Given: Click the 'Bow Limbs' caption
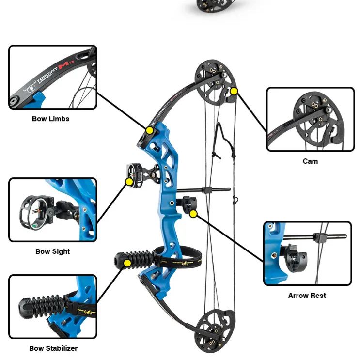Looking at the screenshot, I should tap(51, 119).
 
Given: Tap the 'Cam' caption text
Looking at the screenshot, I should tap(310, 161).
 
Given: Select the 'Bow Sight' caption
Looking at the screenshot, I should tap(52, 251).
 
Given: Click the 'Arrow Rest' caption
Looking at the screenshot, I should tap(307, 296).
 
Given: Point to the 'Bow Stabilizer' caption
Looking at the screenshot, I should tap(53, 348).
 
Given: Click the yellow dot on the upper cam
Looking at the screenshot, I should tap(234, 91).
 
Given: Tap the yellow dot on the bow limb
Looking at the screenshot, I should tap(150, 130).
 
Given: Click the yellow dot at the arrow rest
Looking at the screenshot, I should tap(193, 213).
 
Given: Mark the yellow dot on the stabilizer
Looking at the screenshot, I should tap(127, 263).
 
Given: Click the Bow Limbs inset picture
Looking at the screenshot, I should tap(53, 78).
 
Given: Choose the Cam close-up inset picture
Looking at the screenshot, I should tap(310, 119).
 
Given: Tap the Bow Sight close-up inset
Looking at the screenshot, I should tap(53, 209).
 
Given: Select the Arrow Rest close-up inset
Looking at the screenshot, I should tap(307, 253).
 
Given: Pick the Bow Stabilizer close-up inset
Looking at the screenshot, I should tap(53, 307).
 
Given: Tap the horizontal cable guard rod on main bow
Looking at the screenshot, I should tap(203, 190).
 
